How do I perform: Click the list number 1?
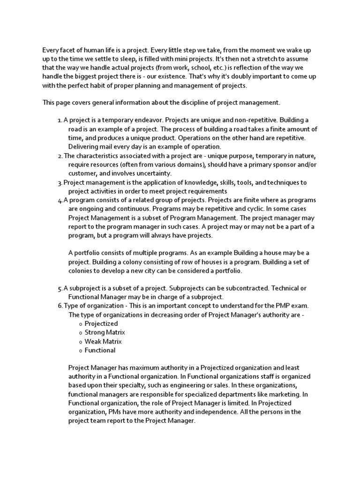[60, 120]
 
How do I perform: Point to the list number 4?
[60, 200]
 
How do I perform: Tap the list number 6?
[60, 306]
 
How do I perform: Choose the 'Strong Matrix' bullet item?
[105, 332]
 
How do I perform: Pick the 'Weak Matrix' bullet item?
[103, 341]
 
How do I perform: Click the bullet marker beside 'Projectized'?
[80, 324]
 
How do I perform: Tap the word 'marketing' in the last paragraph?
[284, 394]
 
